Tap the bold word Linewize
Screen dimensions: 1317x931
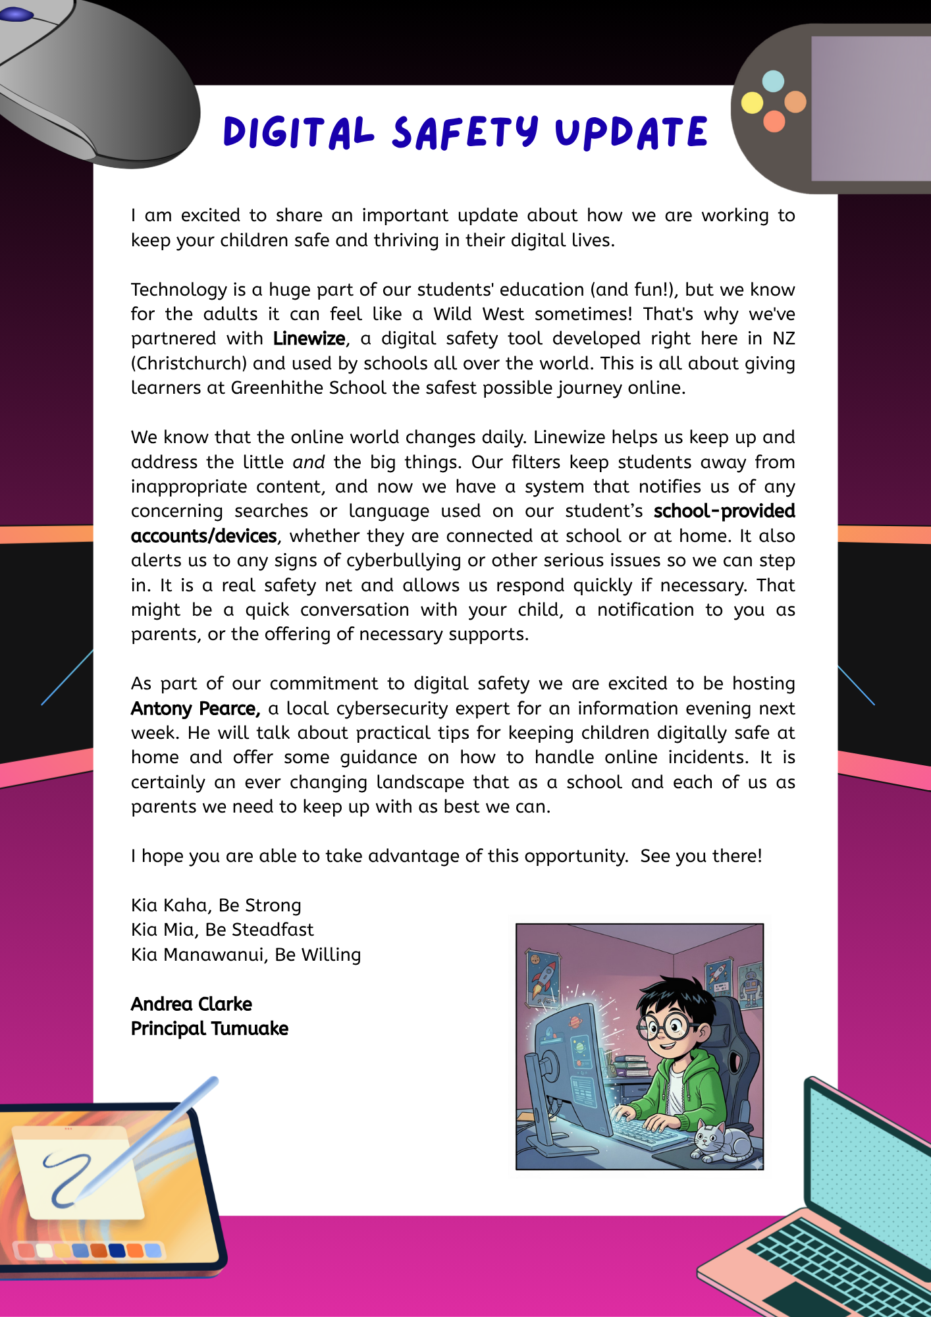pyautogui.click(x=309, y=338)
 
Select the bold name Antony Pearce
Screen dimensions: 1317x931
pyautogui.click(x=196, y=709)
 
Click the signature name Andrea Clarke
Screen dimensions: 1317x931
pyautogui.click(x=191, y=1004)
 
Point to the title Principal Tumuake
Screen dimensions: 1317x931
pyautogui.click(x=209, y=1029)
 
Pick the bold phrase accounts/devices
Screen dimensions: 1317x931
pyautogui.click(x=203, y=536)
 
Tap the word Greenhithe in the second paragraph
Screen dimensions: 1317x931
pyautogui.click(x=277, y=388)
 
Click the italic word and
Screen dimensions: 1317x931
pyautogui.click(x=309, y=462)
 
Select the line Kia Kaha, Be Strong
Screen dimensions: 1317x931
pyautogui.click(x=216, y=905)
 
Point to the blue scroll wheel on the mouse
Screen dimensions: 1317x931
pyautogui.click(x=18, y=14)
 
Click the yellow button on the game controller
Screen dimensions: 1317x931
pyautogui.click(x=752, y=103)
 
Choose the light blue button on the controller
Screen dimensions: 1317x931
pyautogui.click(x=773, y=81)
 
